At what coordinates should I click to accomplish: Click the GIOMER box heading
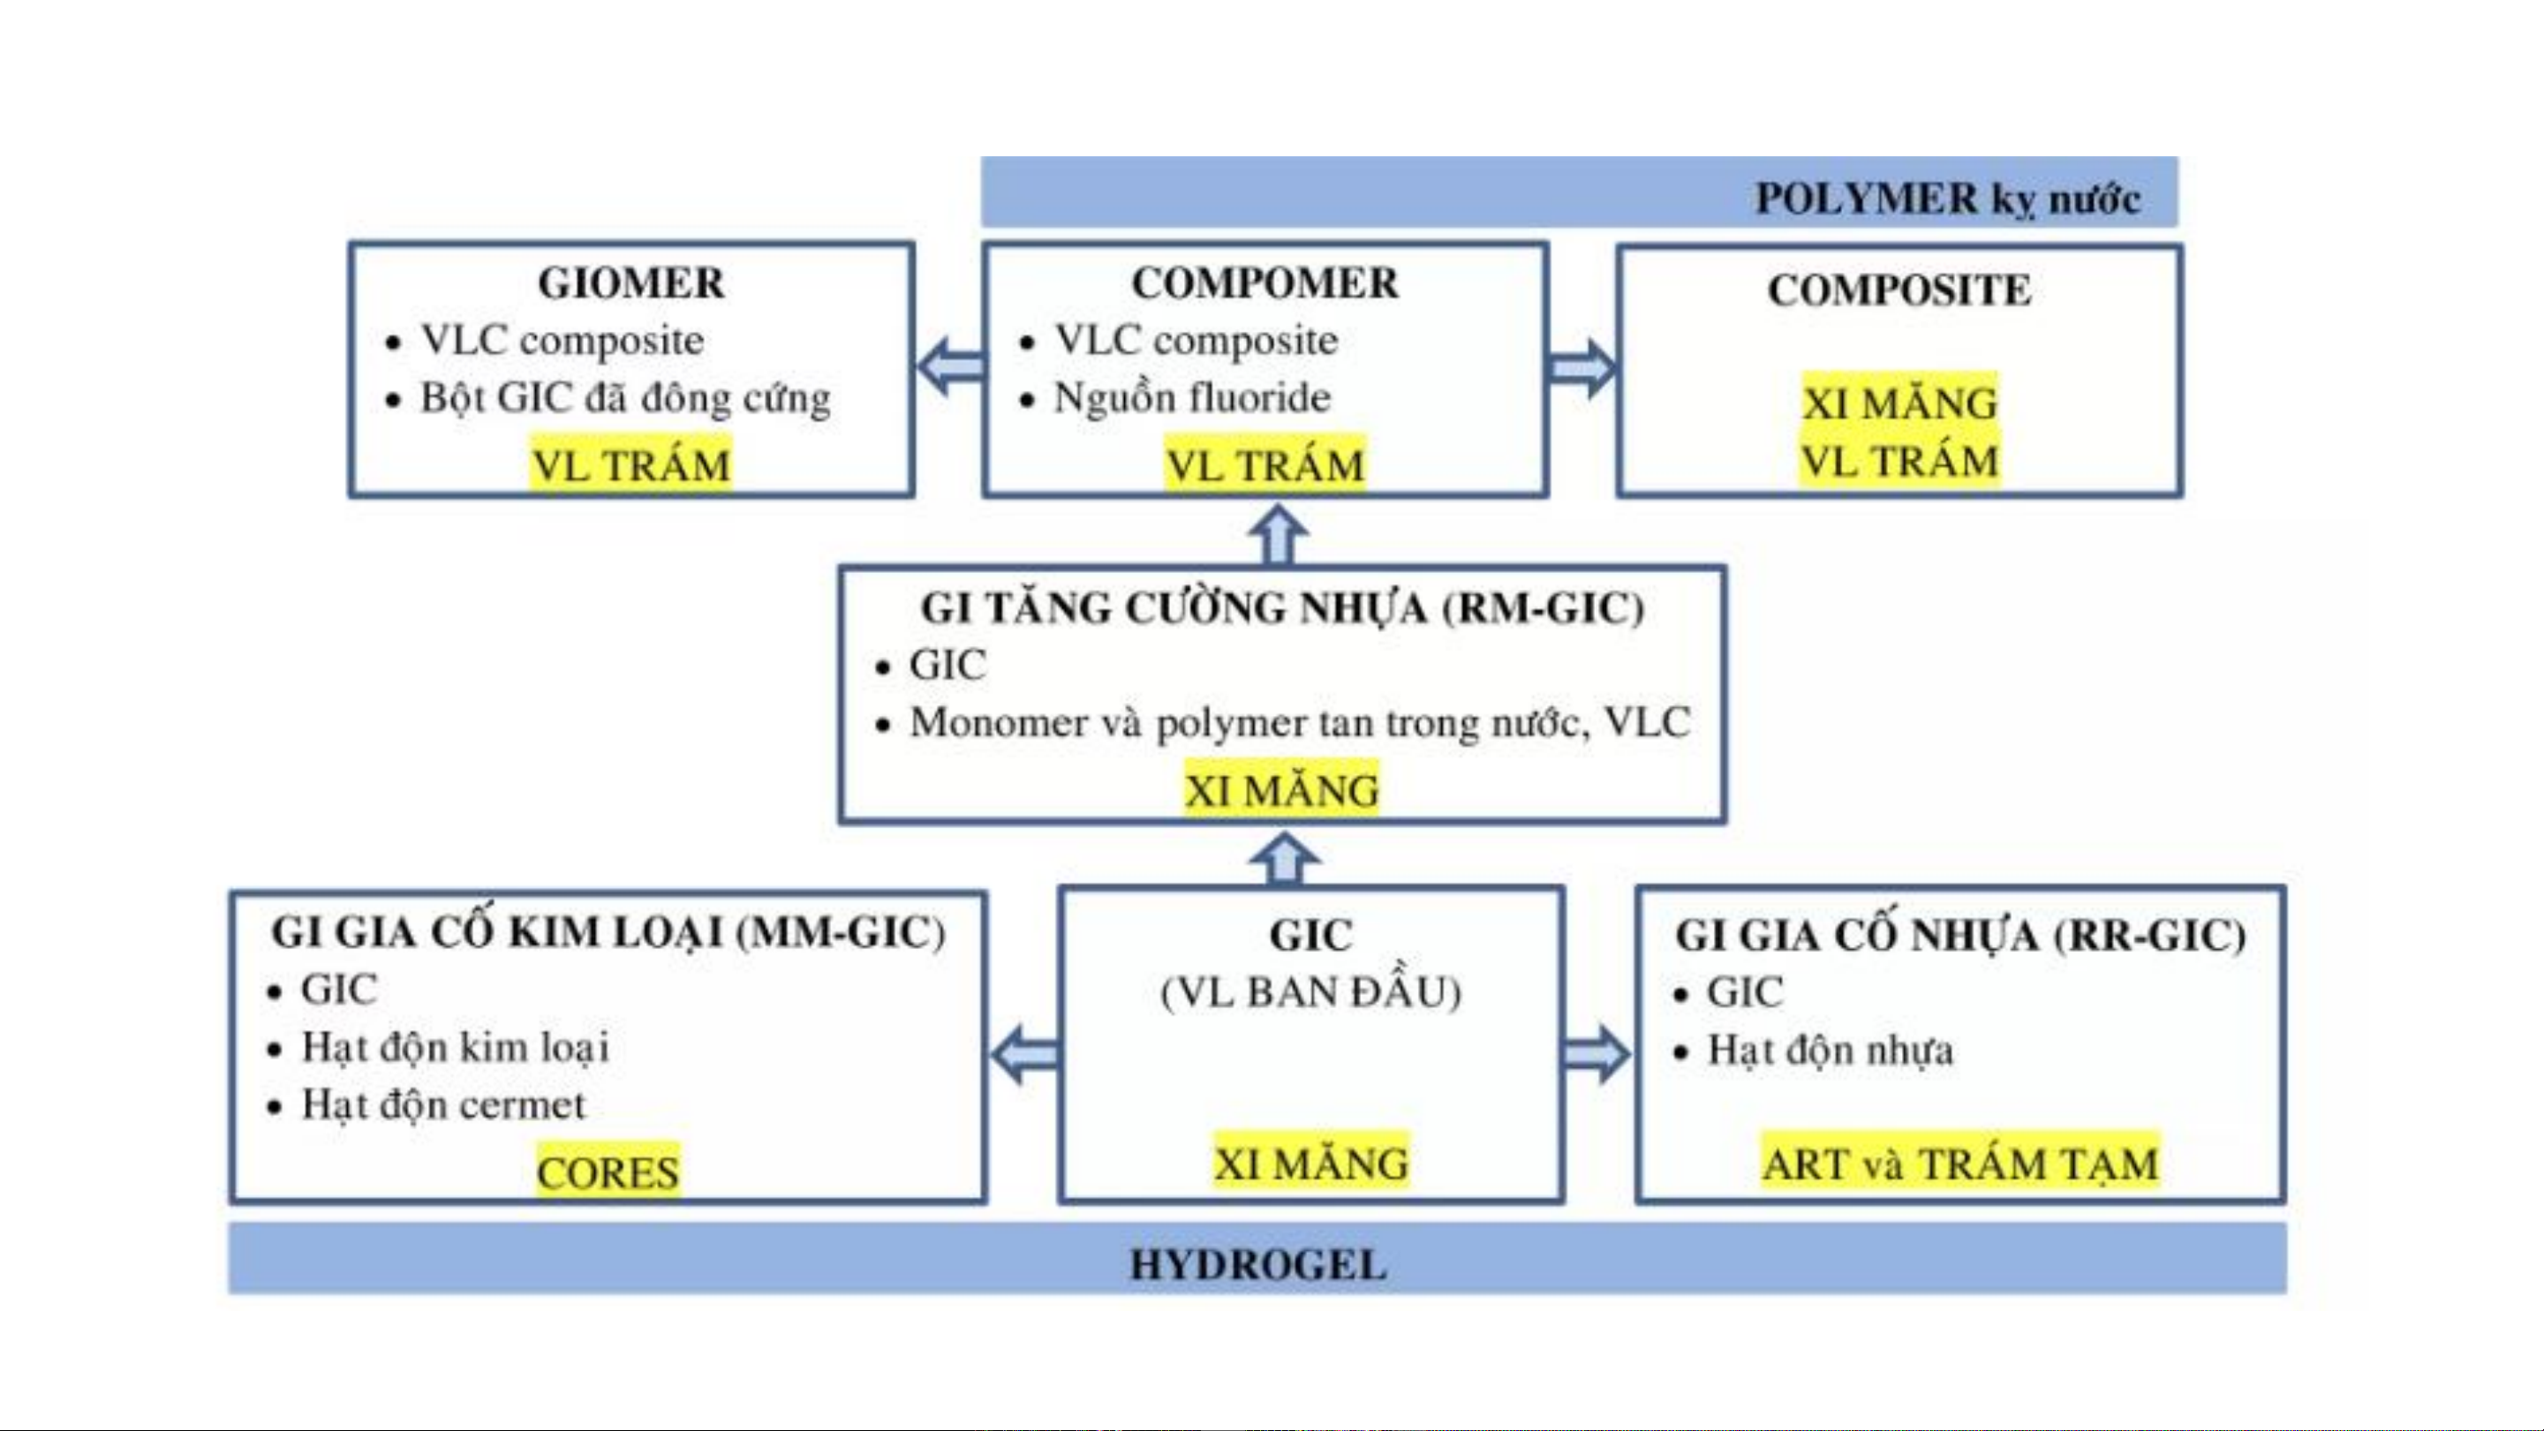coord(631,283)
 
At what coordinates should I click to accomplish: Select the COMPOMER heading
coord(1265,283)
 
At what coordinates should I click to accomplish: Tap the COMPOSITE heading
coord(1899,290)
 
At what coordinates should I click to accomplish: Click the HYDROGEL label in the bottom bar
coord(1258,1265)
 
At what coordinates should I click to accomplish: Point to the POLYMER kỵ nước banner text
coord(1947,200)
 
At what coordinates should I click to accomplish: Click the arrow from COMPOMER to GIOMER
coord(951,366)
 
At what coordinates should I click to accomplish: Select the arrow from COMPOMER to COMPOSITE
coord(1582,368)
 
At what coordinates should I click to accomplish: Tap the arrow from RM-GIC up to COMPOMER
coord(1279,534)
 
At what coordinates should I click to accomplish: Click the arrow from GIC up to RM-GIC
coord(1284,859)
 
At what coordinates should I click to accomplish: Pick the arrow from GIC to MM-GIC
coord(1025,1054)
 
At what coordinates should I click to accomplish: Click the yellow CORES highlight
coord(608,1172)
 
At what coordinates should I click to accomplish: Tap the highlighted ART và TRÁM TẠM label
coord(1960,1164)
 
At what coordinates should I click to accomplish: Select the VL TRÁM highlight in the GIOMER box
coord(631,464)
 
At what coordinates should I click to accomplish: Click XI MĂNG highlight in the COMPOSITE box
coord(1900,403)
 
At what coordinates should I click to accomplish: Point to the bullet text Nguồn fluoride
coord(1192,398)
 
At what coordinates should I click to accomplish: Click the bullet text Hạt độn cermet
coord(443,1105)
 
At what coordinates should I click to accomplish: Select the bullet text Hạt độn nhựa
coord(1830,1050)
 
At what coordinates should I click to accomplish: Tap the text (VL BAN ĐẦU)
coord(1310,992)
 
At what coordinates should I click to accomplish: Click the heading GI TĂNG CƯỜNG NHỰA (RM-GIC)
coord(1282,607)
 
